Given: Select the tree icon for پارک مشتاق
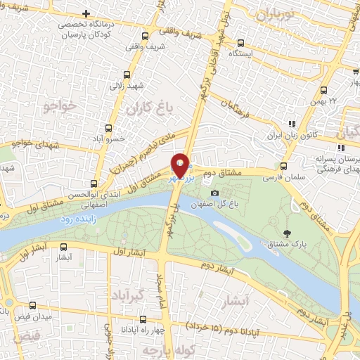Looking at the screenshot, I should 285,233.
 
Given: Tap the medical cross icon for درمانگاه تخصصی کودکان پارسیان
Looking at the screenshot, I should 86,13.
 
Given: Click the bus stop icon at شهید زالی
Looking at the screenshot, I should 127,75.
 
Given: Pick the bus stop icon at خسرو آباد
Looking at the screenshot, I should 108,128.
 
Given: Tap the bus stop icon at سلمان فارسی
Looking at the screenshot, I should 283,167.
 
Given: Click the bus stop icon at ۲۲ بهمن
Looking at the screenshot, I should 323,90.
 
